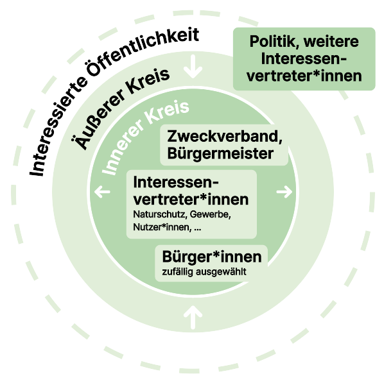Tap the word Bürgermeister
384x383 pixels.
tap(220, 153)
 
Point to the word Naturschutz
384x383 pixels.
tap(161, 215)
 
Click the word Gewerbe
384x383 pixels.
tap(210, 215)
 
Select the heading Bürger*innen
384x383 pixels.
tap(212, 257)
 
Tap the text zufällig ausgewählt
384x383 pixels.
tap(204, 272)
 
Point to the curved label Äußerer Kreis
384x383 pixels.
tap(121, 108)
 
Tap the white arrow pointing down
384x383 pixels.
tap(193, 67)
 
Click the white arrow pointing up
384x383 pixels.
tap(193, 317)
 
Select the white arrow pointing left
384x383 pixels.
tap(102, 192)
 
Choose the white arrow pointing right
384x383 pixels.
tap(284, 192)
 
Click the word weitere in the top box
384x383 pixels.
tap(331, 42)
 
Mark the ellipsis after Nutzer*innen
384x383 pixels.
tap(197, 229)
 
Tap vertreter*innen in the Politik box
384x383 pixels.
tap(304, 76)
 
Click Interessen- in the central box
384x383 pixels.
tap(176, 182)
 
